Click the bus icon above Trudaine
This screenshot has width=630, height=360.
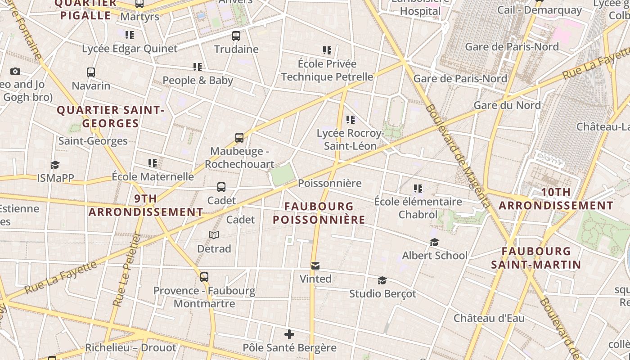click(x=236, y=36)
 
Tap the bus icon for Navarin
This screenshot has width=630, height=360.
click(x=91, y=72)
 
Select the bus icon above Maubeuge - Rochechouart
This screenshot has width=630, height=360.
click(x=239, y=138)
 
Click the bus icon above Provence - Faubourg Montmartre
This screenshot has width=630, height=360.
click(x=204, y=277)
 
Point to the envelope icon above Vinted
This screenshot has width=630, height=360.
click(x=315, y=266)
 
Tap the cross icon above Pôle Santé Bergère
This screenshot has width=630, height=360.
click(x=289, y=334)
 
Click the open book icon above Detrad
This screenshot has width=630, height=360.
click(x=214, y=235)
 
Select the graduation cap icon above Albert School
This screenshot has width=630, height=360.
click(x=434, y=243)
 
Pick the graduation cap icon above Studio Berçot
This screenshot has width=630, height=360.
click(x=382, y=281)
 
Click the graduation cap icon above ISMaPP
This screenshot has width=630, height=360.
click(x=55, y=165)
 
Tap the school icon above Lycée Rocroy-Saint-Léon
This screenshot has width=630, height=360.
click(x=351, y=120)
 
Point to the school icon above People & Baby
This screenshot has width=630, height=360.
click(x=198, y=67)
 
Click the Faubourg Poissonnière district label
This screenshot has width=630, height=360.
click(x=319, y=213)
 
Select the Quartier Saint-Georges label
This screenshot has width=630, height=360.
click(x=110, y=117)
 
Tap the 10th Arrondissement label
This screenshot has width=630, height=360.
click(x=556, y=199)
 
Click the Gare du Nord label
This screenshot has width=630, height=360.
click(x=507, y=105)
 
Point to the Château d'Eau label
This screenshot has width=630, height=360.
click(x=489, y=318)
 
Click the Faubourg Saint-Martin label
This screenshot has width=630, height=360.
click(x=536, y=258)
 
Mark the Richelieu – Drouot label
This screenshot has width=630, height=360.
click(x=130, y=348)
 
